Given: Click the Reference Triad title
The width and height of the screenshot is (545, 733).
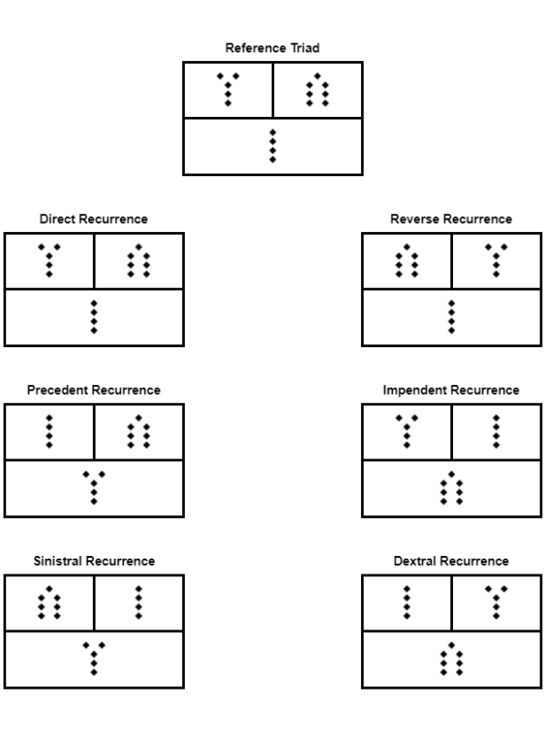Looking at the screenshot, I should pos(272,49).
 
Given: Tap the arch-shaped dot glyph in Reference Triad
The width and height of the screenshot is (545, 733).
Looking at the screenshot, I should pos(317,89).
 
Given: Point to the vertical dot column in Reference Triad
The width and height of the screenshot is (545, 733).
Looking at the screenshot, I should pos(272,146).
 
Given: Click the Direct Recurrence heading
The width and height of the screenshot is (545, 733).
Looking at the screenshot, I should pos(94,219).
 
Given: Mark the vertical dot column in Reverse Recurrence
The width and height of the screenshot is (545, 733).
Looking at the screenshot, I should pos(451,317).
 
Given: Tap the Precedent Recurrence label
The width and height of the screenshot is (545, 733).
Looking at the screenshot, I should pos(94,390).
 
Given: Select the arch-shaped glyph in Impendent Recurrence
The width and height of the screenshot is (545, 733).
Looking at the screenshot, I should pos(451,488).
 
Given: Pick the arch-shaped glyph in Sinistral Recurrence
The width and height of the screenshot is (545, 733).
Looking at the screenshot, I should pos(50,603).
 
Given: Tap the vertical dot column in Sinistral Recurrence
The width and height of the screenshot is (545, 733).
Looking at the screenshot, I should pos(139,603).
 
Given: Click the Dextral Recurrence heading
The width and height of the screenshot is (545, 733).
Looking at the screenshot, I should pos(451,561).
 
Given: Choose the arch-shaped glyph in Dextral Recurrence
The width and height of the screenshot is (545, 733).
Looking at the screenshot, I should pos(451,660).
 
